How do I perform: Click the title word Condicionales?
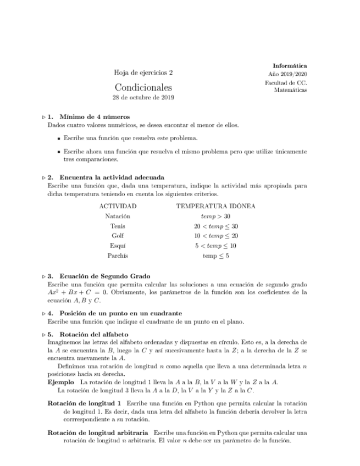[143, 87]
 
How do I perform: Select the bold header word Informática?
[290, 66]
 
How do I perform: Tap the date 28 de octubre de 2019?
[143, 98]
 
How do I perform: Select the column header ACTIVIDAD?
[118, 206]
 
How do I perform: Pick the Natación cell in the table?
[118, 217]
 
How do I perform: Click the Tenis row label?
[118, 226]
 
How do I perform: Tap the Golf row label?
[118, 236]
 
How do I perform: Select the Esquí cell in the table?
[118, 246]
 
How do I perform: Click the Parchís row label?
[118, 256]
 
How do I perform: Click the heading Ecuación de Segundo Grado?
[104, 276]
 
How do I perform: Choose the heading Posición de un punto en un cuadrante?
[120, 313]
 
